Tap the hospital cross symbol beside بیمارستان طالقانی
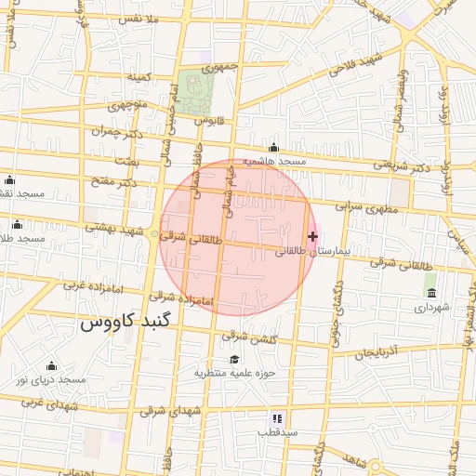coord(312,237)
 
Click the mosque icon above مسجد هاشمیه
coord(273,148)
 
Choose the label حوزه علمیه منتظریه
coord(231,373)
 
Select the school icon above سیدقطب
coord(276,419)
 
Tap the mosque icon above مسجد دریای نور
coord(52,365)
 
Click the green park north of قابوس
coord(196,90)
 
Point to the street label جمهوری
coord(222,68)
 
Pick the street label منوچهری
coord(128,105)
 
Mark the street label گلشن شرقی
coord(254,337)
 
